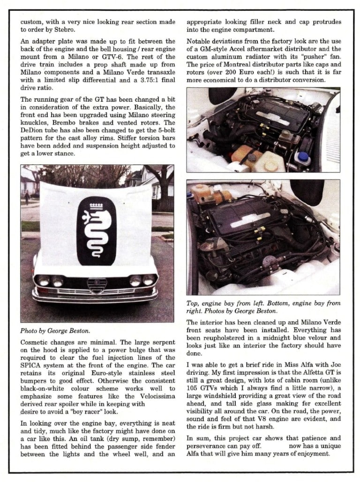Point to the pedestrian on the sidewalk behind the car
[x=27, y=197]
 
